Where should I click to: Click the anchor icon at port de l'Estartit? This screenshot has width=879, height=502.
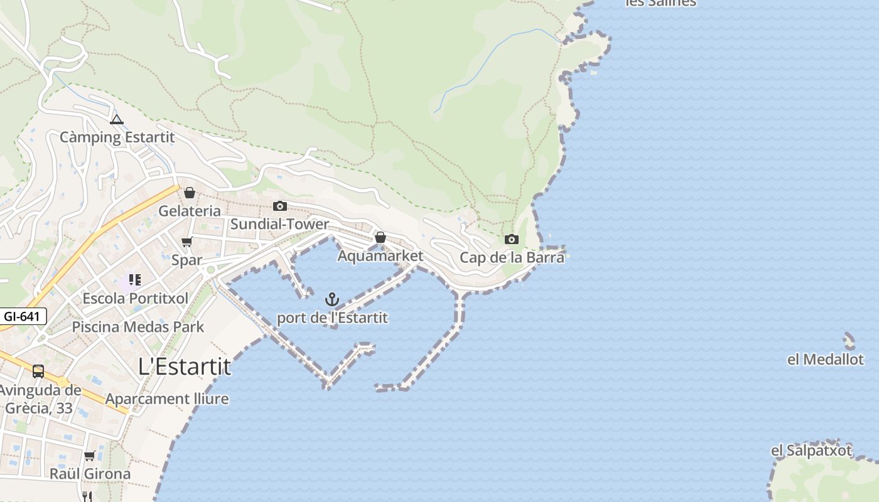click(x=332, y=299)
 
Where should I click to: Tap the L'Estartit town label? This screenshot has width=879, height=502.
click(x=185, y=366)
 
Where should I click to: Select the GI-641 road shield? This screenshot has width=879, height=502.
click(x=23, y=316)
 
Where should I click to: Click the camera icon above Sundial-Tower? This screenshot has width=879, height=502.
click(x=280, y=206)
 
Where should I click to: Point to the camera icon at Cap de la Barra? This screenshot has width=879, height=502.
click(x=512, y=239)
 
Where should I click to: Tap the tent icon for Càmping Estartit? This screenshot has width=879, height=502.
click(x=116, y=119)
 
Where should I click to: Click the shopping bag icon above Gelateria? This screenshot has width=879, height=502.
click(x=190, y=193)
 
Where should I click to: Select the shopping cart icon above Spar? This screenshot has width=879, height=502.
click(x=186, y=242)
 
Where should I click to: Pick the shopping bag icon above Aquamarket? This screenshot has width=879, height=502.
click(x=380, y=237)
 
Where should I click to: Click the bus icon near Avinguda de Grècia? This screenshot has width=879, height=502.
click(x=38, y=371)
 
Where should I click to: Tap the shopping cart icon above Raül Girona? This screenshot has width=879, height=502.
click(x=90, y=456)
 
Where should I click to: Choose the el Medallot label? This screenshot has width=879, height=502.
click(x=826, y=360)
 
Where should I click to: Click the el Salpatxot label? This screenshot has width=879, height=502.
click(x=811, y=451)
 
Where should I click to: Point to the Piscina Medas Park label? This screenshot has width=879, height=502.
click(x=138, y=327)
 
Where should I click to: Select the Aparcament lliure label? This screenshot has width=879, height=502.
click(x=167, y=399)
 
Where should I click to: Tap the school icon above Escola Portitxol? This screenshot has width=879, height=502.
click(x=134, y=279)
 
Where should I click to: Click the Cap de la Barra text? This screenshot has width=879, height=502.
click(x=512, y=257)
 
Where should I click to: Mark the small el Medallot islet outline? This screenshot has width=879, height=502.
click(x=849, y=341)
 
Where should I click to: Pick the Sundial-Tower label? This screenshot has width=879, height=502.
click(x=279, y=224)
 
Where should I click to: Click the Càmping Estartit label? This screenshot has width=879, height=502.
click(x=117, y=137)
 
